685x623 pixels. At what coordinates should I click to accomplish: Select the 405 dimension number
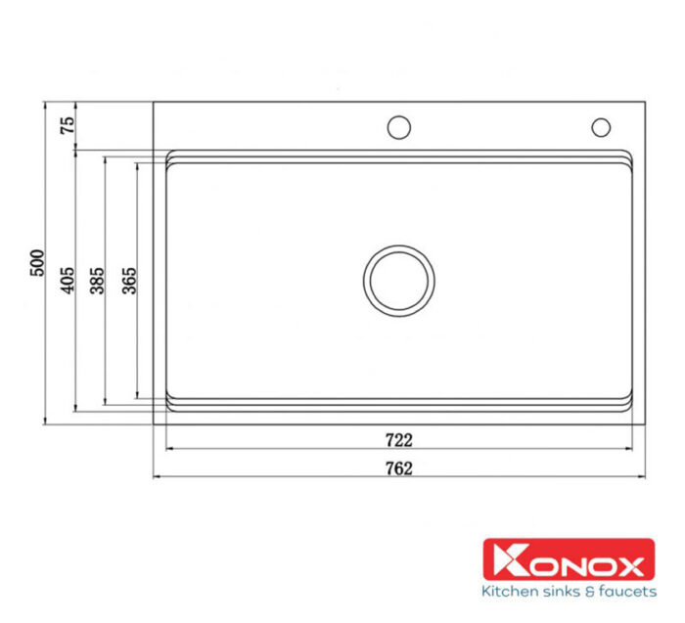(68, 282)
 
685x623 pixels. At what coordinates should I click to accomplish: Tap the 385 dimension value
(97, 282)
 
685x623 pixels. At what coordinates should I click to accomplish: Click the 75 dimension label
(68, 125)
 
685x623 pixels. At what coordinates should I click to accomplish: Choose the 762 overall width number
(399, 467)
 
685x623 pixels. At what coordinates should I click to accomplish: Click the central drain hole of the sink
(398, 278)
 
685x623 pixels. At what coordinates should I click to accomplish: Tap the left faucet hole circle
(398, 127)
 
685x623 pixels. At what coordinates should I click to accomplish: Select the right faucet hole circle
(600, 127)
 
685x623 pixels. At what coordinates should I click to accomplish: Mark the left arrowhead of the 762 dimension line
(157, 476)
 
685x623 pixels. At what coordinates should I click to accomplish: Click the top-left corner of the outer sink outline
(154, 101)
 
